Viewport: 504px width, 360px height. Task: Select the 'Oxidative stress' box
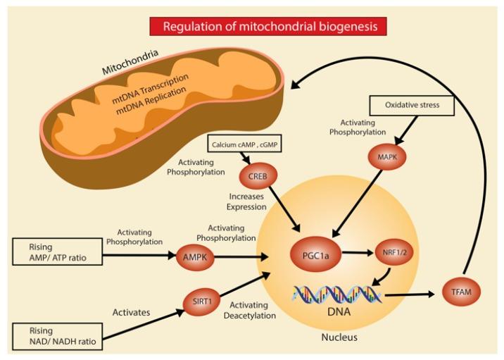coord(411,106)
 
